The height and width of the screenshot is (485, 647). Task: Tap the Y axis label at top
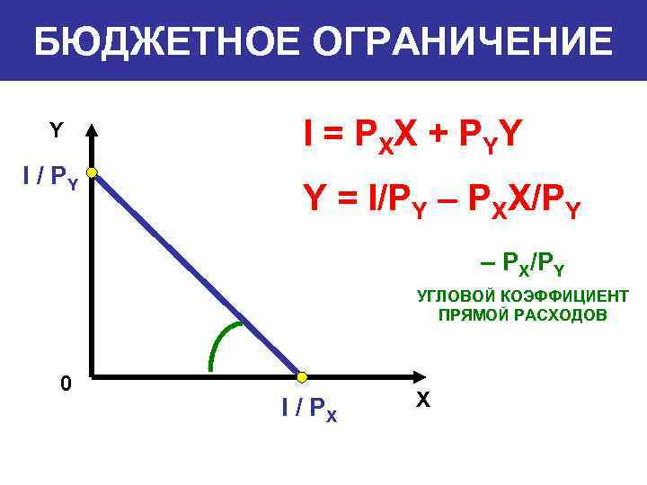pos(56,131)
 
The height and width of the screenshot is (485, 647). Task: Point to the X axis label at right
pos(423,399)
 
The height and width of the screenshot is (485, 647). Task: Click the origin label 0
pos(65,384)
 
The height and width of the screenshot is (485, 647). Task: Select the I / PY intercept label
pos(50,178)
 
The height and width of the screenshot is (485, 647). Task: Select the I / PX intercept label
pos(309,410)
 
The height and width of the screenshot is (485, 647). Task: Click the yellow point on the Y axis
pos(92,172)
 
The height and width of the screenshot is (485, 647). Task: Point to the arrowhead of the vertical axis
pos(92,131)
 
